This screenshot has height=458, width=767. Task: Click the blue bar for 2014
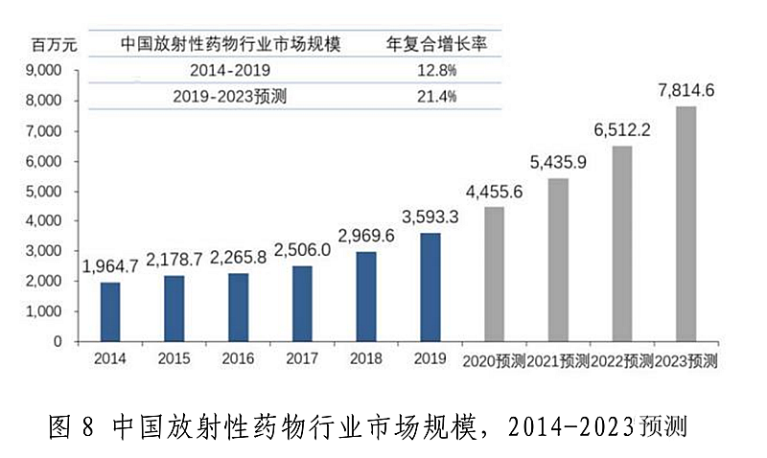pyautogui.click(x=111, y=311)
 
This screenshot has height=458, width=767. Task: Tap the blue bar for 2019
pyautogui.click(x=430, y=286)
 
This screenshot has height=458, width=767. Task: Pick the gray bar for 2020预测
pyautogui.click(x=494, y=273)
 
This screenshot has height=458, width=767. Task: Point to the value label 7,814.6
pyautogui.click(x=686, y=92)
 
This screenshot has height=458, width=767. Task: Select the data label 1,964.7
pyautogui.click(x=111, y=267)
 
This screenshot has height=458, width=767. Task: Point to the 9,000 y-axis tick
pyautogui.click(x=44, y=70)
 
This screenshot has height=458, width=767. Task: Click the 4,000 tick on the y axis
pyautogui.click(x=44, y=221)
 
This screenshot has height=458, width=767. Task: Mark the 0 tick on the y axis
pyautogui.click(x=58, y=341)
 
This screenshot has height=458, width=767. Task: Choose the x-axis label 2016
pyautogui.click(x=239, y=360)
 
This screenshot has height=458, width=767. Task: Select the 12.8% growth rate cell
pyautogui.click(x=434, y=70)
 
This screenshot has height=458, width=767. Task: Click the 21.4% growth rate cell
pyautogui.click(x=434, y=96)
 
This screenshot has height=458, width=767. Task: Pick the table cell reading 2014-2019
pyautogui.click(x=230, y=70)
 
